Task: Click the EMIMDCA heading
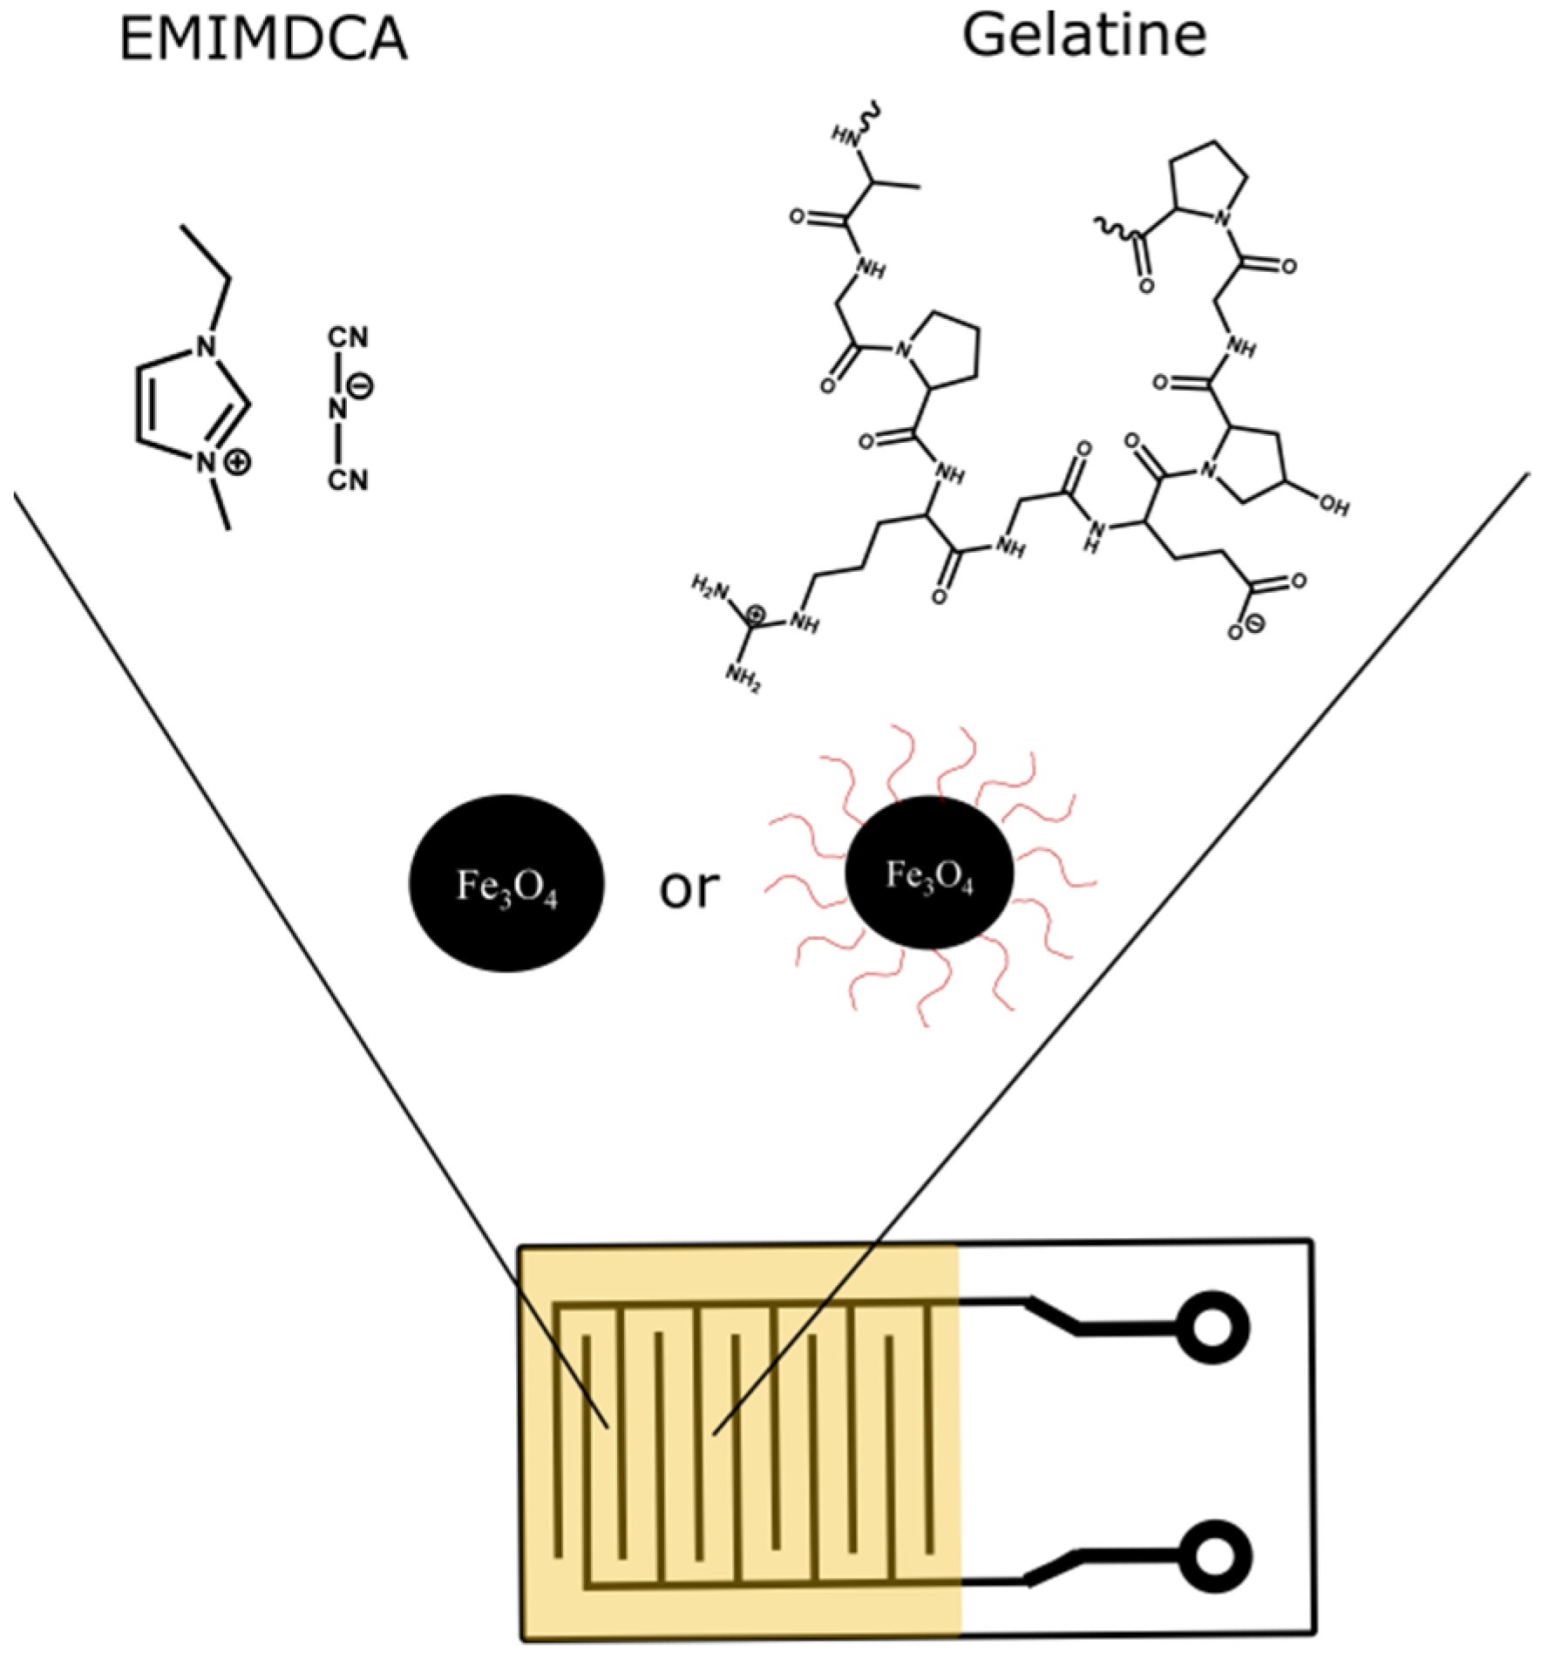[x=262, y=39]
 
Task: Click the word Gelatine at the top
[x=1084, y=36]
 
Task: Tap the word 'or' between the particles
[x=689, y=888]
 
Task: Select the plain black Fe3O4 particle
[x=506, y=882]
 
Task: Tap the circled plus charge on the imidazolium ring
[x=236, y=462]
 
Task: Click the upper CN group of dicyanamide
[x=348, y=337]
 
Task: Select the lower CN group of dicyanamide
[x=348, y=480]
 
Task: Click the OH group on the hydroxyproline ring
[x=1334, y=506]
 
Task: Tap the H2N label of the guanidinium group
[x=709, y=586]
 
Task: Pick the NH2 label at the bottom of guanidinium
[x=743, y=678]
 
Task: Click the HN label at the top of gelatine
[x=845, y=135]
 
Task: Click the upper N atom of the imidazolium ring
[x=206, y=347]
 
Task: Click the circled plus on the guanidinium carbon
[x=757, y=616]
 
